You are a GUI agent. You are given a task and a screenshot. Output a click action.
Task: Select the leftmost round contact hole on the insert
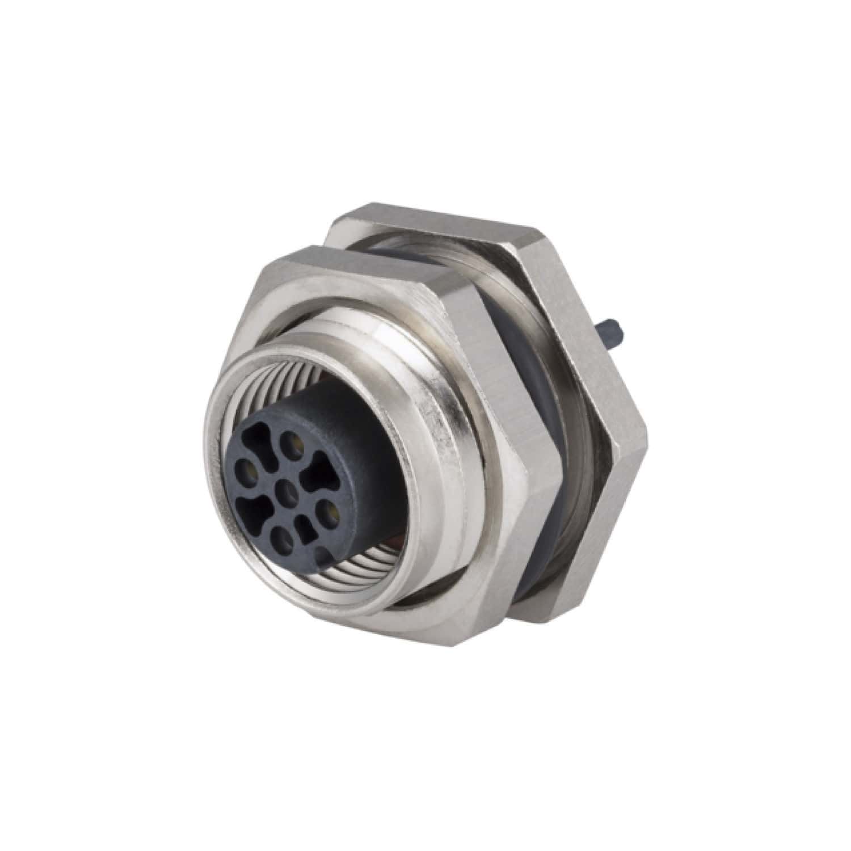(248, 468)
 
